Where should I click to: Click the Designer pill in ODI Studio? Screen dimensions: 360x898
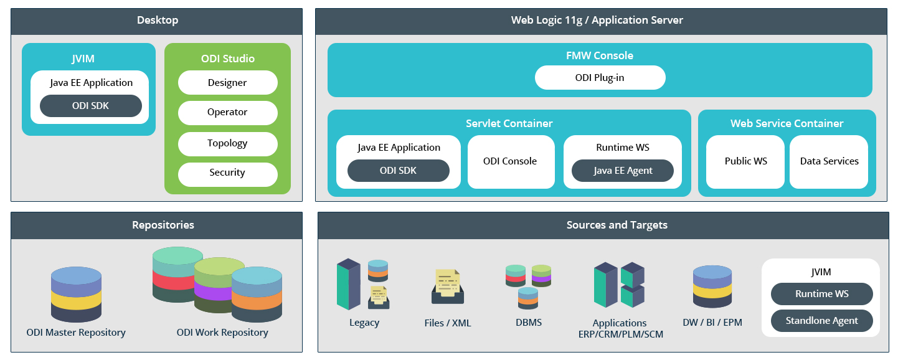pos(227,83)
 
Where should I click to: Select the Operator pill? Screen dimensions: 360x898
pos(227,113)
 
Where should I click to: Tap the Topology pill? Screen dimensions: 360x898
pos(227,143)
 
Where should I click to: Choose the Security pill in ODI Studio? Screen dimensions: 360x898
pos(227,173)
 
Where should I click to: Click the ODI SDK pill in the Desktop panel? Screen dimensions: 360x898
pos(90,106)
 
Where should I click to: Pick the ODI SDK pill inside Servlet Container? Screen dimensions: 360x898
pos(398,171)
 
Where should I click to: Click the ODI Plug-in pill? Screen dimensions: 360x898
pos(600,78)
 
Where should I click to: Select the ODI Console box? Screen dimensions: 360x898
pos(510,161)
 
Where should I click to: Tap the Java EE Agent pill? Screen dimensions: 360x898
pos(623,171)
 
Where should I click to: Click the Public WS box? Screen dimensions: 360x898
pos(745,161)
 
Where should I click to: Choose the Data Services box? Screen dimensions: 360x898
pos(829,161)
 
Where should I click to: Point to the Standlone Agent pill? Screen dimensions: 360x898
pos(821,321)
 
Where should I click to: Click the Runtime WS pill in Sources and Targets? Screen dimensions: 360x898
pos(821,294)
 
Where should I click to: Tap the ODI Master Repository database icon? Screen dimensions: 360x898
pos(76,294)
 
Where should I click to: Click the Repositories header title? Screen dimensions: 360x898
pos(163,225)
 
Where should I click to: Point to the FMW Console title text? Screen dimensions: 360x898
pos(599,55)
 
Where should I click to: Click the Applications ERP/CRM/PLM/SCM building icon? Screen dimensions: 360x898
pos(618,285)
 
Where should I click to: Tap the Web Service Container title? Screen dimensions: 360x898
pos(787,123)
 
